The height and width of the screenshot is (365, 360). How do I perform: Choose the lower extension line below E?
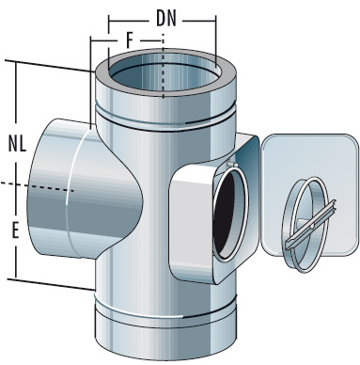pos(52,283)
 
